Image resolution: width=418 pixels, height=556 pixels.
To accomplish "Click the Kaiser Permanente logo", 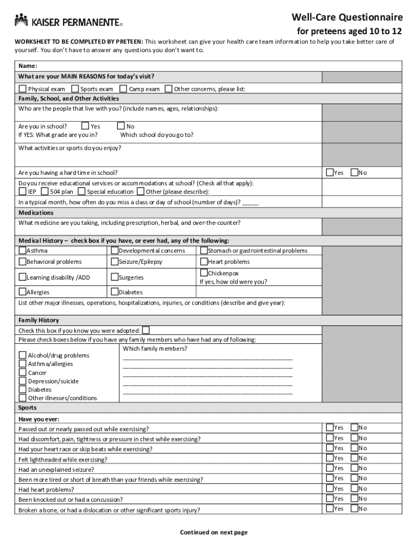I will point(68,22).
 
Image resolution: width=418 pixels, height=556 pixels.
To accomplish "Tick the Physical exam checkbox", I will point(22,89).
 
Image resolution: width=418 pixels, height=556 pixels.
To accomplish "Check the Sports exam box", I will point(75,89).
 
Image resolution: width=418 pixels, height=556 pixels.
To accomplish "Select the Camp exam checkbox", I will point(123,89).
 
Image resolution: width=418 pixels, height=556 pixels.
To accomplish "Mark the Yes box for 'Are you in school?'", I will point(85,126).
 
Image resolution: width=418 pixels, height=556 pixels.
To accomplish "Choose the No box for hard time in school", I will point(354,173).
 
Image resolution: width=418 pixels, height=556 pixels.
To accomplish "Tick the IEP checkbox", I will point(22,191).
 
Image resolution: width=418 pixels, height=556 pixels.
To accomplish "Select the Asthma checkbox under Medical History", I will point(23,250).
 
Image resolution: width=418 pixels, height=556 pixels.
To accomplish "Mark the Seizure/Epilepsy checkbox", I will point(115,261).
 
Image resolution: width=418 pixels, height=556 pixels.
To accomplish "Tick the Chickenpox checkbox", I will point(204,273).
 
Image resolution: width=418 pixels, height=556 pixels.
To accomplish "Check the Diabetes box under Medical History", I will point(115,292).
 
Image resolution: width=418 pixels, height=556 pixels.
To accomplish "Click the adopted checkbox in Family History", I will point(145,330).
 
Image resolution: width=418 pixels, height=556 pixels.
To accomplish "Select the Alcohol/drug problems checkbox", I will point(23,355).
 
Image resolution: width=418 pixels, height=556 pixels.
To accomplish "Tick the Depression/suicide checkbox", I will point(23,381).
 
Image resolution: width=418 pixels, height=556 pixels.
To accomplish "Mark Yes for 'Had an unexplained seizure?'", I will point(330,467).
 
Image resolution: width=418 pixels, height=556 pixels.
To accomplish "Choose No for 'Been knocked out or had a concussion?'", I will point(354,498).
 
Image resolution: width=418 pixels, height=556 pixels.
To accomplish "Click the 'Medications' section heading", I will point(36,213).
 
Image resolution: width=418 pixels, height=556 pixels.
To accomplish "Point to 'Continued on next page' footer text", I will point(213,532).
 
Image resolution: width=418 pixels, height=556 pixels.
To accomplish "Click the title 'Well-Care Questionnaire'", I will point(347,17).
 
